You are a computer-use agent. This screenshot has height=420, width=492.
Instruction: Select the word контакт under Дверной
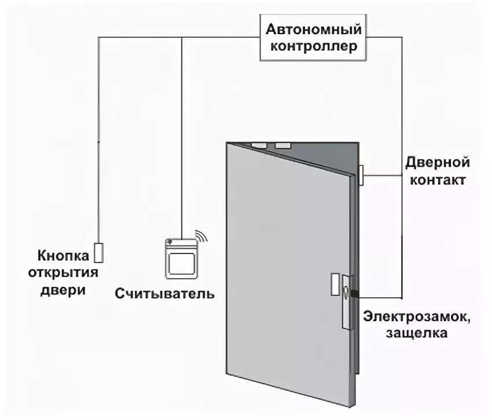pyautogui.click(x=437, y=180)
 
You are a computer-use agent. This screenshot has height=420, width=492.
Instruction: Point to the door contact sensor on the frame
pyautogui.click(x=361, y=174)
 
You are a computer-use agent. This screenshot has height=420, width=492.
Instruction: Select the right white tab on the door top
pyautogui.click(x=282, y=146)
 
